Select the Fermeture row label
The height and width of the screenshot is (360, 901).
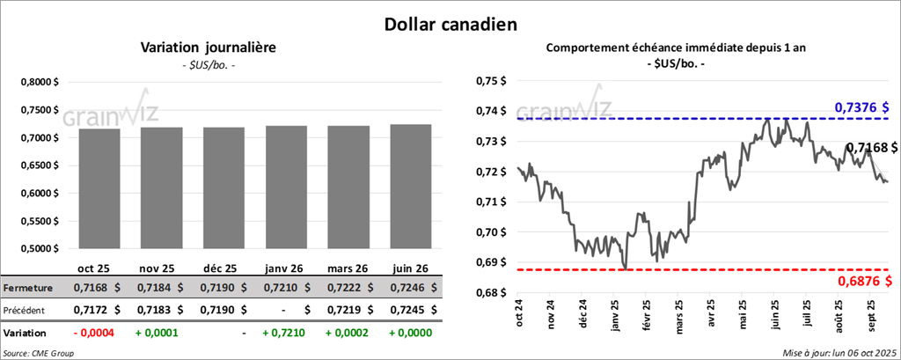pyautogui.click(x=27, y=288)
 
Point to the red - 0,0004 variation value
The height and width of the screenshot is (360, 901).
pyautogui.click(x=97, y=334)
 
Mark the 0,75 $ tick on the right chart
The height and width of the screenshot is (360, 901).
pyautogui.click(x=493, y=81)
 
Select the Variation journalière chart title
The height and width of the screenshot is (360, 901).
pyautogui.click(x=209, y=48)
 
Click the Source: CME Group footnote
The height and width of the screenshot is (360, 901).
pyautogui.click(x=39, y=353)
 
